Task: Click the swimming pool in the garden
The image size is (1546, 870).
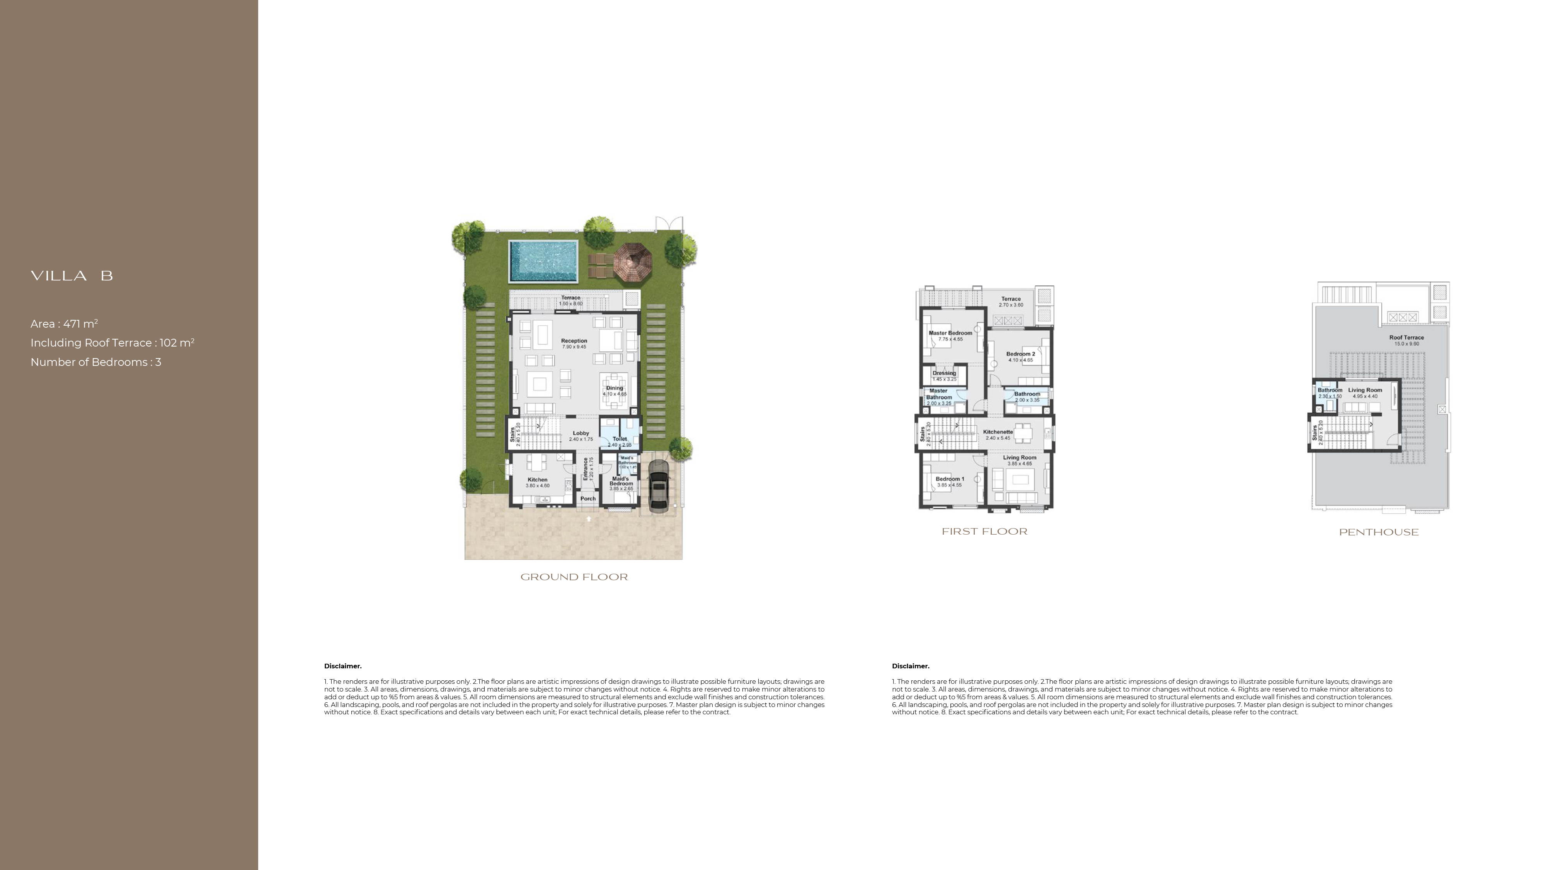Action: [x=543, y=261]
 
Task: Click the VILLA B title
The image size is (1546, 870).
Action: [x=72, y=276]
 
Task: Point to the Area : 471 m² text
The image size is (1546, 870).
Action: [x=64, y=324]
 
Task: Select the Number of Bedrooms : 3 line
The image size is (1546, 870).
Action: [x=96, y=362]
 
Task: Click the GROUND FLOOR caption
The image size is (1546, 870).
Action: [x=574, y=577]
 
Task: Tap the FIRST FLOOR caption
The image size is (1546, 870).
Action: [x=984, y=532]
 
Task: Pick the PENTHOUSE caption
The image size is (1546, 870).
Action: [x=1379, y=532]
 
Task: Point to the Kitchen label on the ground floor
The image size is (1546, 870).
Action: [x=538, y=480]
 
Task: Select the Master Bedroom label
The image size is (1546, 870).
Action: [x=950, y=333]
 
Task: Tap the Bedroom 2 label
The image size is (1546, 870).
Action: [x=1020, y=354]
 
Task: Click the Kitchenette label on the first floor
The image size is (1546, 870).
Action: [x=998, y=432]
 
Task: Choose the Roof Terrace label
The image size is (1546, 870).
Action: [x=1406, y=338]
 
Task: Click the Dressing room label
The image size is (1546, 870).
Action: [x=944, y=373]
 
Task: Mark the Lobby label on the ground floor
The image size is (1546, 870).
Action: [x=581, y=433]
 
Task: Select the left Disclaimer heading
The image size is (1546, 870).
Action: [x=343, y=666]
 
